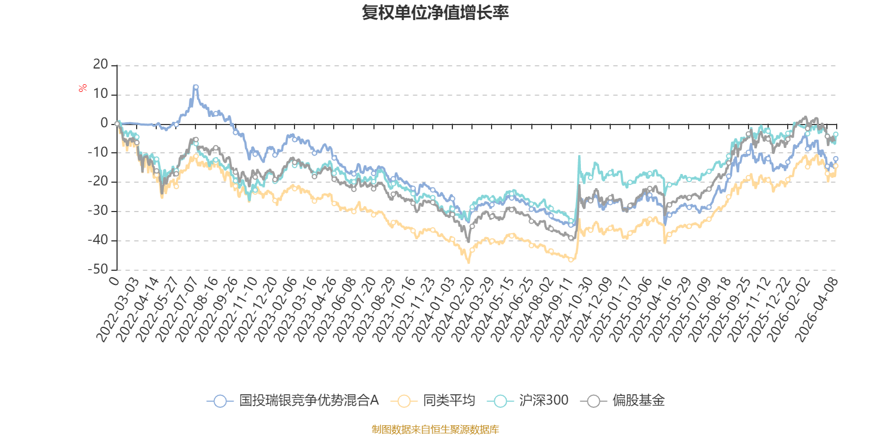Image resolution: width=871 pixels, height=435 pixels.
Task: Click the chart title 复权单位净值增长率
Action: tap(436, 13)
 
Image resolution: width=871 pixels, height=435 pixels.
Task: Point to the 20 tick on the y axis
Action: tap(101, 65)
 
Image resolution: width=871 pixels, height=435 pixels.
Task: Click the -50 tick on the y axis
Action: tap(98, 269)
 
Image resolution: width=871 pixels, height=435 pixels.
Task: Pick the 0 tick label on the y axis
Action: tap(105, 123)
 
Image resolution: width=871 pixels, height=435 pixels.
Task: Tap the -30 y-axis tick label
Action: tap(98, 211)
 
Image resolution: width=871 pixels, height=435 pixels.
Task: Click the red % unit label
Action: tap(83, 88)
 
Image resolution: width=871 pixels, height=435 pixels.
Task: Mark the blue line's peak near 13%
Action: tap(195, 86)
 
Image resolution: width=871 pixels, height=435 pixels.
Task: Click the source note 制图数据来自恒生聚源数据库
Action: tap(436, 430)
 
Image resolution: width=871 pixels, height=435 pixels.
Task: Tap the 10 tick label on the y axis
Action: tap(101, 94)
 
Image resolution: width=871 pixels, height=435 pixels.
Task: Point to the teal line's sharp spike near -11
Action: tap(579, 156)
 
